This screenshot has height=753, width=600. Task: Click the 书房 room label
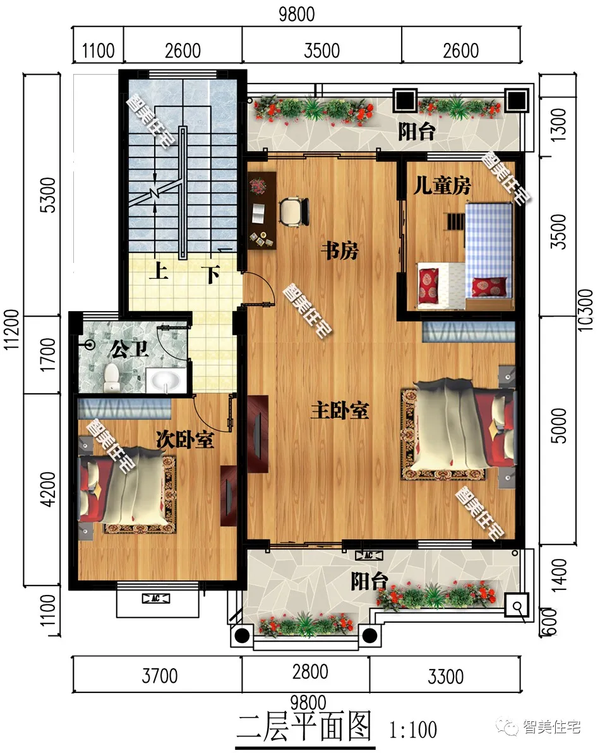click(x=340, y=250)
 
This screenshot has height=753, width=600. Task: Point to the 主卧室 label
click(x=340, y=410)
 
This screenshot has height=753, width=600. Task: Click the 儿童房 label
click(x=441, y=185)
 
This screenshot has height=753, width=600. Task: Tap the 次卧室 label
click(x=184, y=439)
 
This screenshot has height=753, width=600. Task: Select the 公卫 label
click(x=129, y=349)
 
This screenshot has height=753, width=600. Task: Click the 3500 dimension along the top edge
click(x=322, y=51)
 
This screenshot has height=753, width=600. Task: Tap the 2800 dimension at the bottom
click(x=310, y=672)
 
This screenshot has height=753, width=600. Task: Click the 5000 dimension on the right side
click(x=558, y=425)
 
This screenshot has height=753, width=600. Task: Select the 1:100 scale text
click(x=413, y=730)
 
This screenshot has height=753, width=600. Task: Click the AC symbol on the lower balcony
click(x=369, y=556)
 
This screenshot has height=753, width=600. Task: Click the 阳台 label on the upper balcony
click(x=416, y=131)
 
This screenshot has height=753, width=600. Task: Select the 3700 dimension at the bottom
click(x=160, y=676)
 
